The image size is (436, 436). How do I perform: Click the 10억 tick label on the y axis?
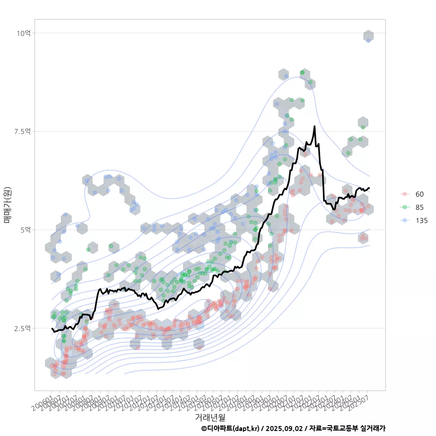[x=24, y=33]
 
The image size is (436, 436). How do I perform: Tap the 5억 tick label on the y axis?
[x=25, y=230]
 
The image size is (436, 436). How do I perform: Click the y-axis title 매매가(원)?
[x=7, y=205]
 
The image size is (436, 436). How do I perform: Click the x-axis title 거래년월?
[x=210, y=416]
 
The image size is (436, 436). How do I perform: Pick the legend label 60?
[x=420, y=194]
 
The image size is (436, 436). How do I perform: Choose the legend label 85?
[x=420, y=207]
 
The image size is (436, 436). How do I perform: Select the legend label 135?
[x=421, y=220]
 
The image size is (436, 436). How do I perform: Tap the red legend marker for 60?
[x=404, y=194]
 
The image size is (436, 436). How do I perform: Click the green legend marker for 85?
[x=404, y=207]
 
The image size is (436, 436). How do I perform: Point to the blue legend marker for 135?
[x=404, y=220]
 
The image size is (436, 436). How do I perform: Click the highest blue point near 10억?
[x=368, y=40]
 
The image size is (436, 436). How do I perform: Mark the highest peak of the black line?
[x=314, y=126]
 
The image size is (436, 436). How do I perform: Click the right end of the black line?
[x=369, y=188]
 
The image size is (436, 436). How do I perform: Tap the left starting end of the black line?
[x=52, y=328]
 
